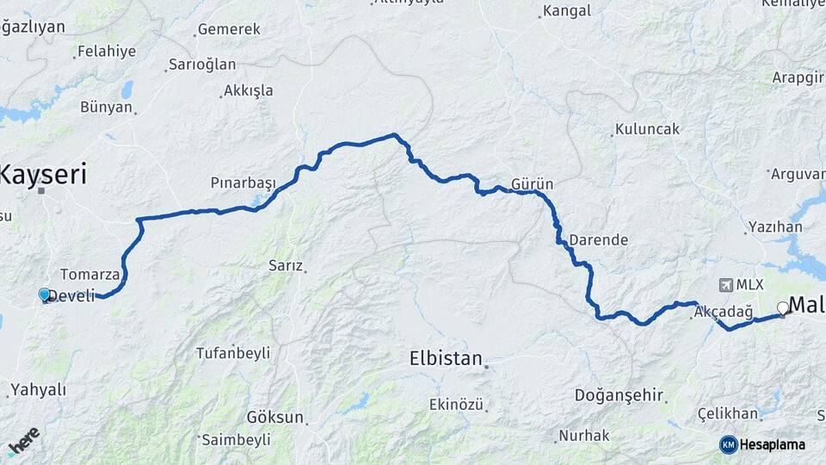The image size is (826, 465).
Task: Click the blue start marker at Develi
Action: click(x=45, y=294)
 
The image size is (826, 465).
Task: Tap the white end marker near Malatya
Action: click(x=783, y=307)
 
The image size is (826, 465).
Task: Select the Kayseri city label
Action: click(x=43, y=176)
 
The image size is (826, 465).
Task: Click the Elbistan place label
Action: click(x=446, y=358)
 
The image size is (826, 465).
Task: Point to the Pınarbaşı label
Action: click(x=243, y=183)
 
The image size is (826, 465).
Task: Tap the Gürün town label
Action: click(x=532, y=184)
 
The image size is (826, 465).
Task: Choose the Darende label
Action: click(x=599, y=240)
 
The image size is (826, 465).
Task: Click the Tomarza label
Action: click(x=89, y=275)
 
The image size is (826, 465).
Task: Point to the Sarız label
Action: click(x=287, y=266)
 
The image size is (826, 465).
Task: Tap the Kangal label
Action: click(x=567, y=11)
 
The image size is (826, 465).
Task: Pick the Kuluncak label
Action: click(x=647, y=130)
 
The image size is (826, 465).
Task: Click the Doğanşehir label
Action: click(x=619, y=395)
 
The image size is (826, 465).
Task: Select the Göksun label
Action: click(x=275, y=418)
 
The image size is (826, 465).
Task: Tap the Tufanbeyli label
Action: click(x=233, y=353)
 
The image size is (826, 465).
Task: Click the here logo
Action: click(x=23, y=440)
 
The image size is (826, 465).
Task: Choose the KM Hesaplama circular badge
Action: click(x=729, y=444)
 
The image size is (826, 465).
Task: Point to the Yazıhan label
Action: click(x=775, y=227)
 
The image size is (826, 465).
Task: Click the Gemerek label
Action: click(x=229, y=29)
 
